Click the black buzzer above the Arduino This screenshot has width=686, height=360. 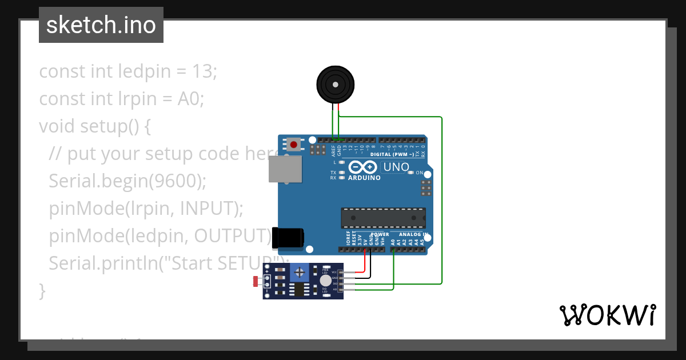336,85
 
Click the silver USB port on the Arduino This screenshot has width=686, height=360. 285,170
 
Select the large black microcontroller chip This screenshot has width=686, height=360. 383,218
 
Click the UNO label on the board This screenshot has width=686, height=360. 396,167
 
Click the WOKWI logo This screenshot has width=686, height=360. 607,315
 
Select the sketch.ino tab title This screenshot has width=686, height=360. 101,25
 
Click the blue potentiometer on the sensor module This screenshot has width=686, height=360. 299,275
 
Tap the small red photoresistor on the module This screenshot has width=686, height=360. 256,281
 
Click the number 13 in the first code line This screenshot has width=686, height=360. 204,72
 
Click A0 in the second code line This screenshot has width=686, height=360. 190,99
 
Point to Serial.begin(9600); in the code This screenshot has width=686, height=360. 127,181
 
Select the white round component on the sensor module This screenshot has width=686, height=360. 325,281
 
